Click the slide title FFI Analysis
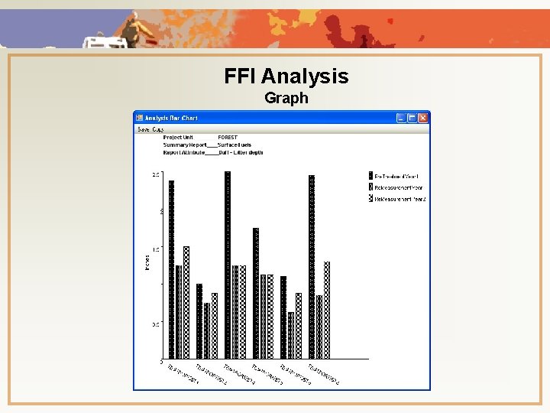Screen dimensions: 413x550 click(286, 76)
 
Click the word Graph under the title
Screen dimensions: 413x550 click(286, 98)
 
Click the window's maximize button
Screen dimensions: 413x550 click(412, 118)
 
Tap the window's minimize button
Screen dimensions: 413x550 click(400, 118)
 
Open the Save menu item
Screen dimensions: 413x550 click(143, 129)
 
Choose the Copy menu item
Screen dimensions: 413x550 click(157, 129)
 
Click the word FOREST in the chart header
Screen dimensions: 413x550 click(228, 138)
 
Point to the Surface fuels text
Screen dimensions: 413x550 click(235, 145)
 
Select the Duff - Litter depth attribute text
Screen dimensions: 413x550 click(241, 152)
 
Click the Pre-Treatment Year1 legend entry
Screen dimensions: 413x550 click(396, 177)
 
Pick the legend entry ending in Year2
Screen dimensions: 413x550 click(400, 199)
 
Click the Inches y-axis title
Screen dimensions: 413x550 click(147, 262)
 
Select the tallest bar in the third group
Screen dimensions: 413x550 click(228, 264)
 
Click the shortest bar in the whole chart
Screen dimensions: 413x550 click(291, 335)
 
